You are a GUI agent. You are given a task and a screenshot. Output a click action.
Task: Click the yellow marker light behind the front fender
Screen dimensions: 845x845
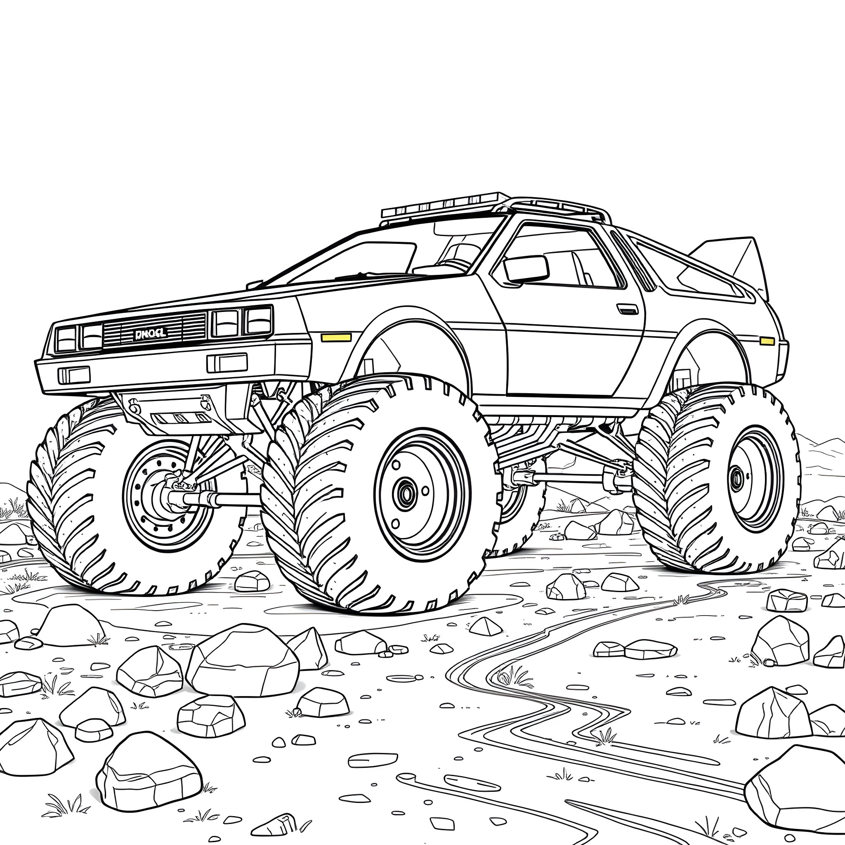[336, 337]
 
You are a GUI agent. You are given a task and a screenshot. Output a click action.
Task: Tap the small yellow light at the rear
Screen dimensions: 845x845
[767, 341]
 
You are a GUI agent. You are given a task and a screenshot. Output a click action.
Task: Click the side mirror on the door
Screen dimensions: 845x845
[526, 269]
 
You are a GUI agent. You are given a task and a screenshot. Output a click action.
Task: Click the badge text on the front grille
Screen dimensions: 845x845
[150, 334]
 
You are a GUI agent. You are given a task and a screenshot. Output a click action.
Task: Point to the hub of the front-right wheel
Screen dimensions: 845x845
[407, 494]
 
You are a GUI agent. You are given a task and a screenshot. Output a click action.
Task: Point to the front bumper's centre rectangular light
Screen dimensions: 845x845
[227, 363]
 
